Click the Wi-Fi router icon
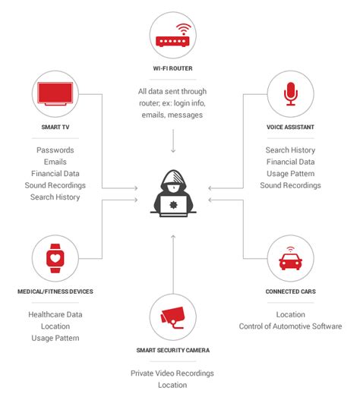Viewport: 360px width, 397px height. [x=173, y=35]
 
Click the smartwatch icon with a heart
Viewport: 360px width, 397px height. [x=55, y=259]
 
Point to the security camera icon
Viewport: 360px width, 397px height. [x=173, y=317]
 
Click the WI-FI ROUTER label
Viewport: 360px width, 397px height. [x=173, y=69]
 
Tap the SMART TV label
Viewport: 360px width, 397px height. [x=55, y=128]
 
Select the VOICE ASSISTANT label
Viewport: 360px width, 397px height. [x=290, y=128]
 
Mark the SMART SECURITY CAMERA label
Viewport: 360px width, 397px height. [x=173, y=350]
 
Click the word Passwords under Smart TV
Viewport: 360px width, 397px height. [x=55, y=150]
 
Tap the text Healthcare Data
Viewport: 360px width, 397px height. [x=55, y=314]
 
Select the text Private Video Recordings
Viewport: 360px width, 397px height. [x=173, y=373]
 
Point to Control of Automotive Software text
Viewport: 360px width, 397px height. [x=290, y=326]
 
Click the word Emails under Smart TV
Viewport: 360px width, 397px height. [x=55, y=162]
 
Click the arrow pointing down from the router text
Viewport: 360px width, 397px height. [x=173, y=141]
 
